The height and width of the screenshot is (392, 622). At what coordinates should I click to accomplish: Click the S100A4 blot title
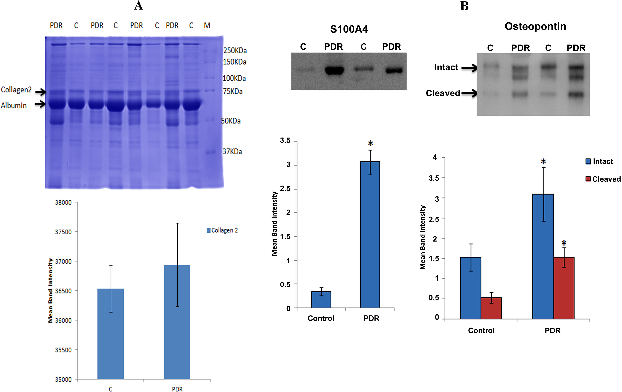point(349,29)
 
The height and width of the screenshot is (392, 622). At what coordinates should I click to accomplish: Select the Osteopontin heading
point(535,26)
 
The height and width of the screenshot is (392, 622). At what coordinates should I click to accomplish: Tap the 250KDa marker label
point(235,50)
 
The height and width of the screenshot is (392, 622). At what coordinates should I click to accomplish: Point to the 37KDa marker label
point(232,152)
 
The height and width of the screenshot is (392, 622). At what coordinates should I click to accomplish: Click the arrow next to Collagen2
point(41,92)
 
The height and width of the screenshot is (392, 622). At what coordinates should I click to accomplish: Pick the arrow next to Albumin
point(40,104)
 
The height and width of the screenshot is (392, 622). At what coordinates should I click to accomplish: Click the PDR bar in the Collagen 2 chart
point(177,322)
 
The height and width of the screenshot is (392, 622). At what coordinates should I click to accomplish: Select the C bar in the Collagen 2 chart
point(111,333)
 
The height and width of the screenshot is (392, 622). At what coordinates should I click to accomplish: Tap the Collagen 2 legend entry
point(222,230)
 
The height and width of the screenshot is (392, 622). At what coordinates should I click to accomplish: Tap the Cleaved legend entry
point(603,179)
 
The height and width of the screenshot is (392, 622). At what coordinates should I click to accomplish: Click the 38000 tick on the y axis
point(63,202)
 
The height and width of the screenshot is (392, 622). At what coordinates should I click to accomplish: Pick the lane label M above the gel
point(207,26)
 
